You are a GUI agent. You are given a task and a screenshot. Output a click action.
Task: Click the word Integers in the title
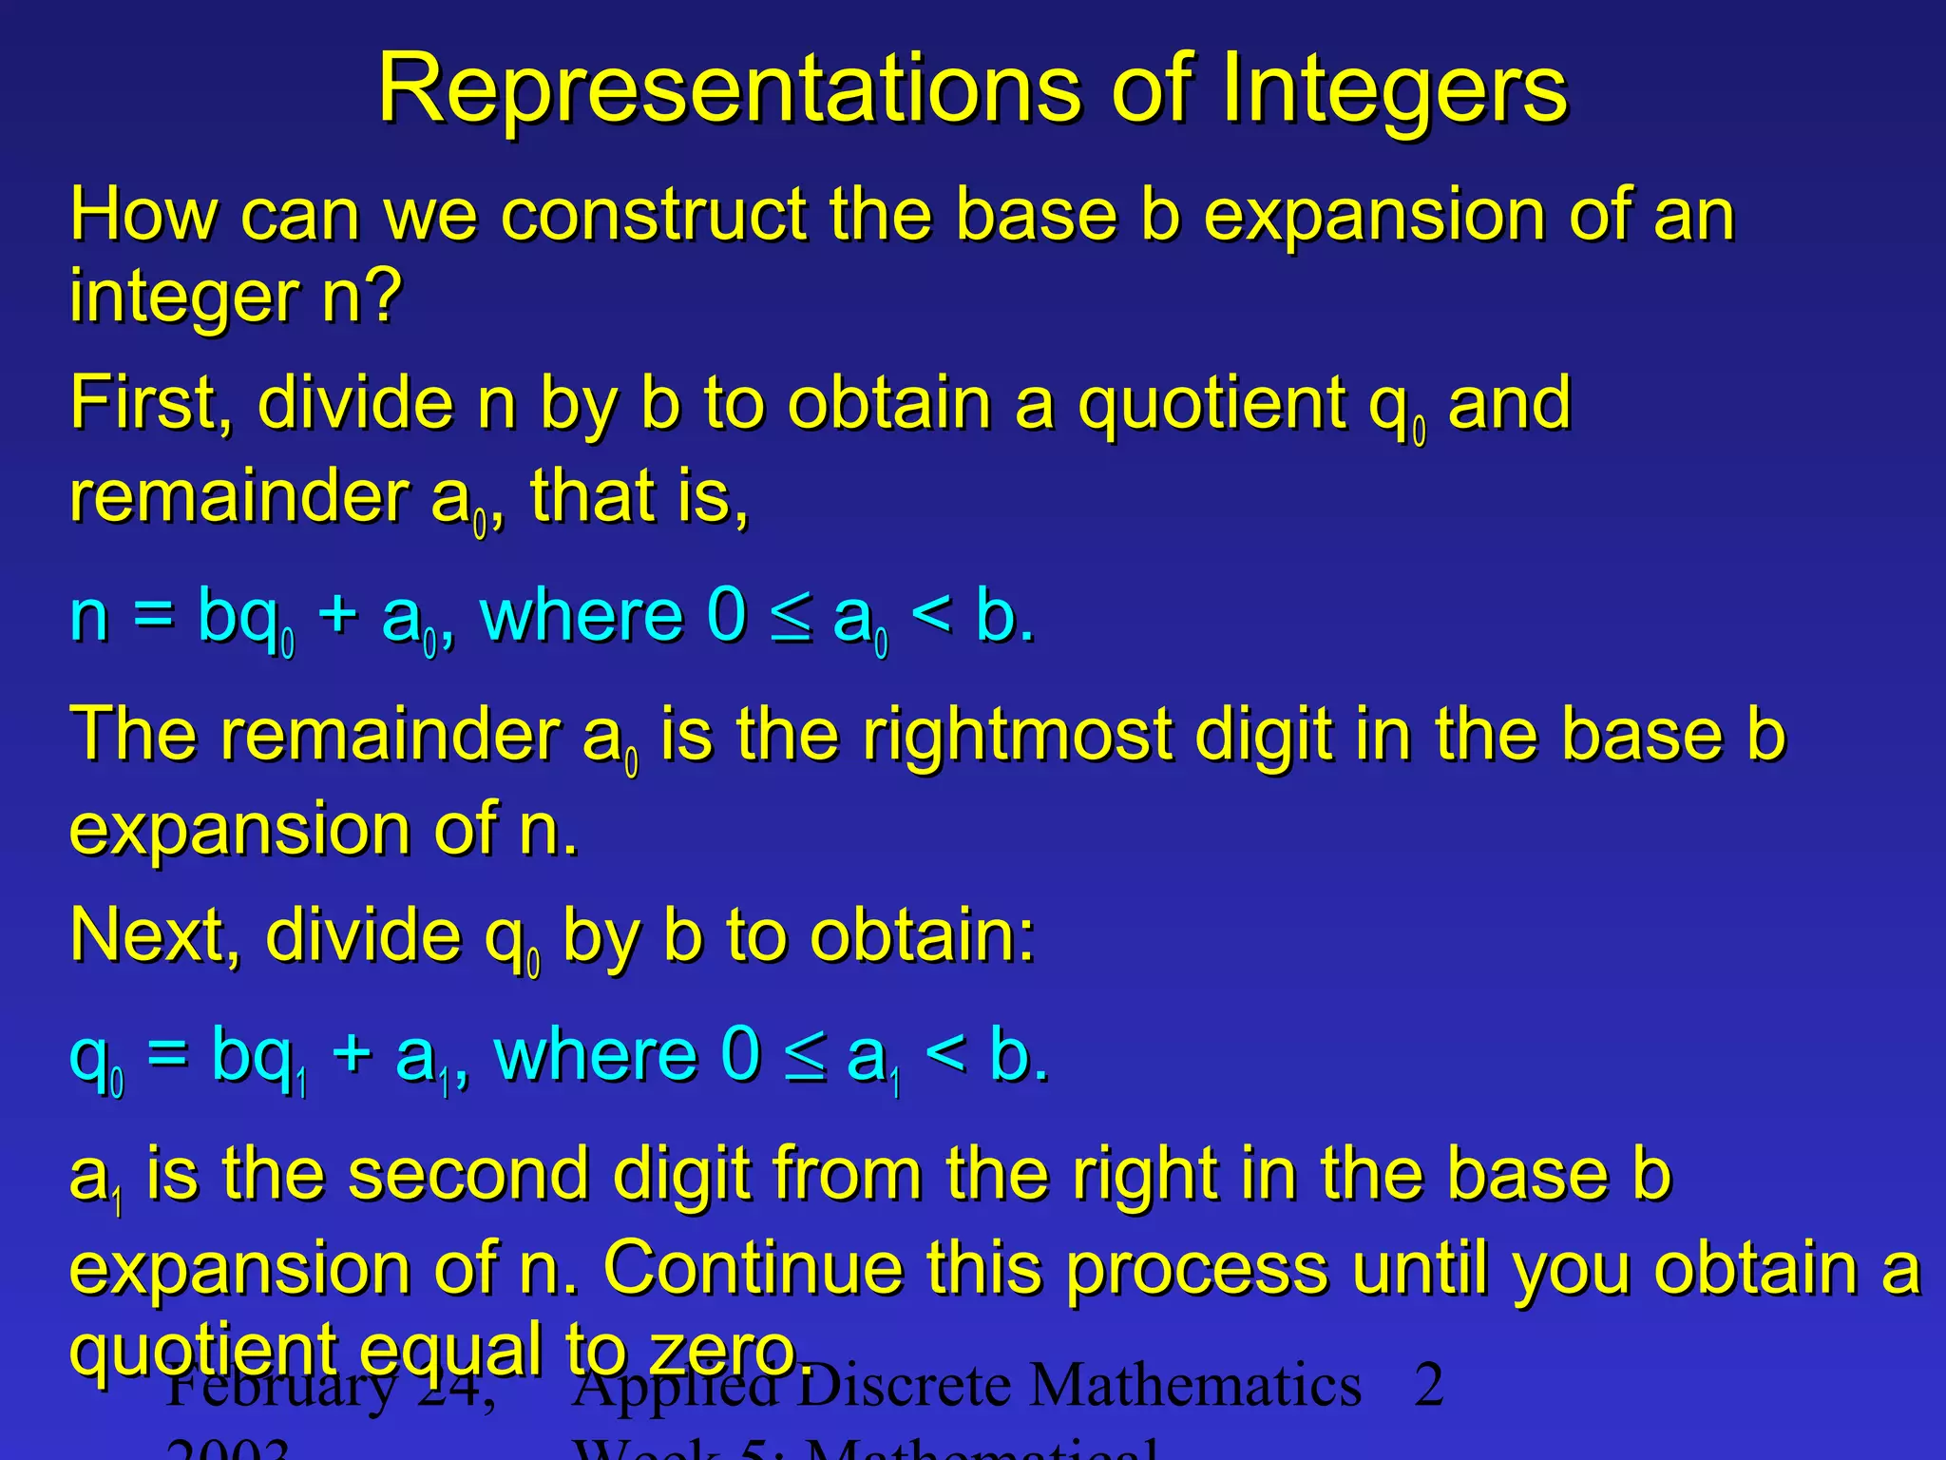pyautogui.click(x=1394, y=90)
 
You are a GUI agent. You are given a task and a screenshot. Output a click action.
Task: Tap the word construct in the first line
pyautogui.click(x=654, y=215)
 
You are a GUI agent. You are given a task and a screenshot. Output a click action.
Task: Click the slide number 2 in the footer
pyautogui.click(x=1429, y=1386)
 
